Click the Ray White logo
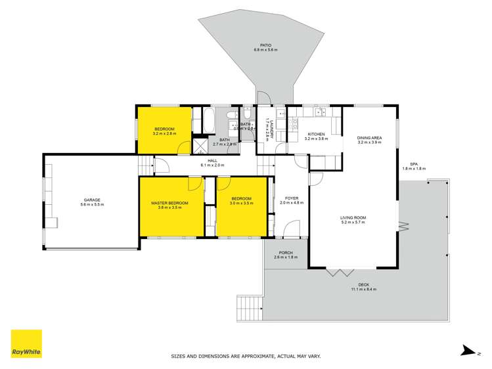pos(26,345)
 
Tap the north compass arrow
pos(467,351)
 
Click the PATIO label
pos(265,45)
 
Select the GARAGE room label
pos(91,200)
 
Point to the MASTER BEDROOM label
pos(169,203)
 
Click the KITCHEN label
pos(316,133)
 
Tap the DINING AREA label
pos(370,138)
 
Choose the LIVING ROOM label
pos(353,218)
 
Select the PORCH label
pos(286,252)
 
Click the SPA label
pos(414,163)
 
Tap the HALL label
pos(212,160)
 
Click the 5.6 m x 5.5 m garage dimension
pos(91,205)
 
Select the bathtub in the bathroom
pos(208,121)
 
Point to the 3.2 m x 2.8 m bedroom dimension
pos(164,133)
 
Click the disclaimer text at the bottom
pos(246,357)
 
